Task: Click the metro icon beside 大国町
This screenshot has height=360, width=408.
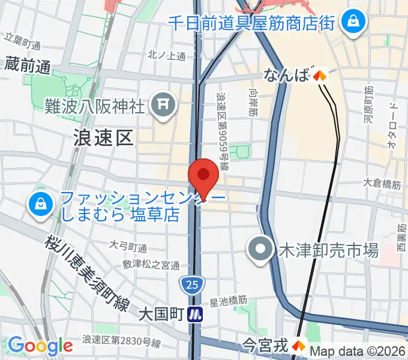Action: click(195, 314)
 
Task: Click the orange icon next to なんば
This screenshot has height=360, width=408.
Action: click(319, 76)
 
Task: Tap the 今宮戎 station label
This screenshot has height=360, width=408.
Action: click(266, 345)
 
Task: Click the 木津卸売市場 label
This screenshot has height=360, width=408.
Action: click(328, 250)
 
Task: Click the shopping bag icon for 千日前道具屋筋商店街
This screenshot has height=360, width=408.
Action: click(351, 23)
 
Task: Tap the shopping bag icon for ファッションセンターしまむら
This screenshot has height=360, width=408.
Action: click(39, 206)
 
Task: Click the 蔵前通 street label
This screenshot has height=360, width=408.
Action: click(28, 65)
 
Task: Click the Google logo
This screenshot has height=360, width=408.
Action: click(40, 346)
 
